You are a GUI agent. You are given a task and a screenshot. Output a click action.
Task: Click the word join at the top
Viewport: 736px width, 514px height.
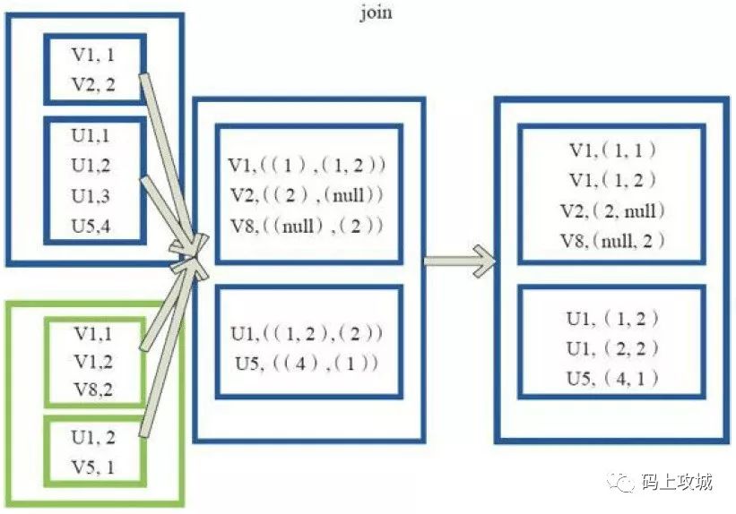[375, 13]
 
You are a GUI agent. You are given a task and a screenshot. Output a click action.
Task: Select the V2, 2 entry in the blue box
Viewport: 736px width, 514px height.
[94, 86]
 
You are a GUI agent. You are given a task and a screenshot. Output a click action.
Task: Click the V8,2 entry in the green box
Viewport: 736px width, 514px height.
[94, 390]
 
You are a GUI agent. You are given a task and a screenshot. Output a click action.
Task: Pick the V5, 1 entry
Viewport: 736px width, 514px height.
[94, 466]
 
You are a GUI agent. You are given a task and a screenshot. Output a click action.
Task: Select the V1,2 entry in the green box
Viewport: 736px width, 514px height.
[94, 362]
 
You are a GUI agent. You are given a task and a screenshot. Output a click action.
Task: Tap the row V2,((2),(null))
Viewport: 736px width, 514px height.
[307, 194]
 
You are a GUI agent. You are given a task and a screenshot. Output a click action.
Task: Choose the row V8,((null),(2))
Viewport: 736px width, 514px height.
[307, 224]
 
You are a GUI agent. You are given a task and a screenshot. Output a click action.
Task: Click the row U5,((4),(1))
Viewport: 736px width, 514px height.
[307, 363]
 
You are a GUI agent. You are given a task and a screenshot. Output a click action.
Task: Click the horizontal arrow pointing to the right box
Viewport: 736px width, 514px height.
[459, 261]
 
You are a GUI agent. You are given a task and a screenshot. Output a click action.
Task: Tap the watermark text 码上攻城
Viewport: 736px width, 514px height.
[677, 483]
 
